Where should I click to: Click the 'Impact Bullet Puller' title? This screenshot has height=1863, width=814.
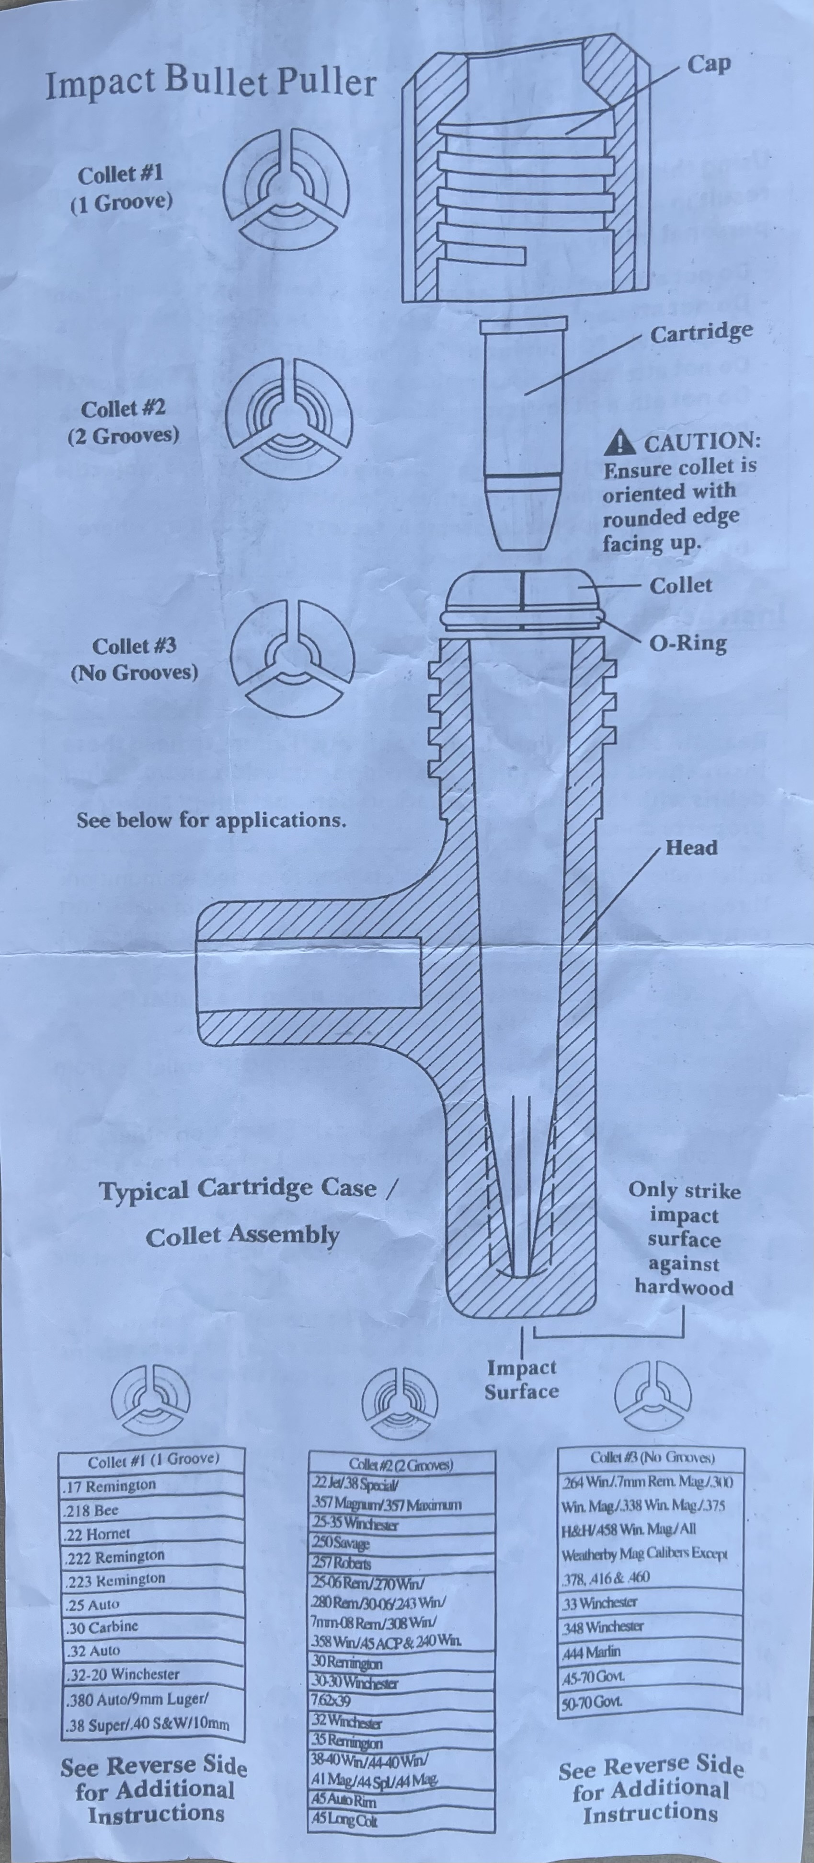[x=211, y=83]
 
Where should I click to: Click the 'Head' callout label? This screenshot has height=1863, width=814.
[x=690, y=847]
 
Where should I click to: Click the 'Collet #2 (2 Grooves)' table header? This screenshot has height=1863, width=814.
[x=401, y=1465]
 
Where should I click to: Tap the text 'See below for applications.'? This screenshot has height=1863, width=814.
[x=211, y=820]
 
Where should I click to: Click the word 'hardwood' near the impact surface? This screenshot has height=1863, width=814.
[x=683, y=1288]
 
